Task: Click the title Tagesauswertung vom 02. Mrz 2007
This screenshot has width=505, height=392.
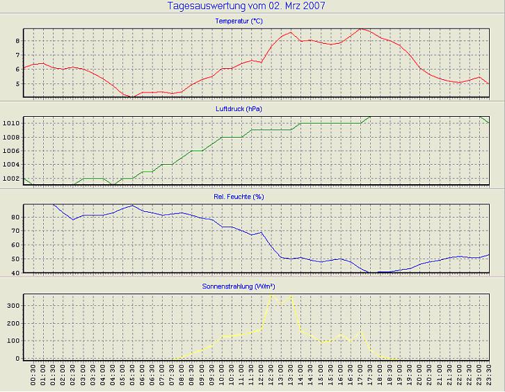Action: coord(247,6)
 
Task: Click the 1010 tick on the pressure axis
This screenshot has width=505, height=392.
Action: coord(12,123)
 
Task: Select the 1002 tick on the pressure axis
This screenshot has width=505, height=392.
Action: coord(12,179)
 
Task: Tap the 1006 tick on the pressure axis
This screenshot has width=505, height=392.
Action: coord(12,151)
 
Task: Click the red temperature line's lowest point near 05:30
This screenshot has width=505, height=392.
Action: coord(132,97)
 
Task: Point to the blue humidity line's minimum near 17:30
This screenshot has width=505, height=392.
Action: coord(371,272)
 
